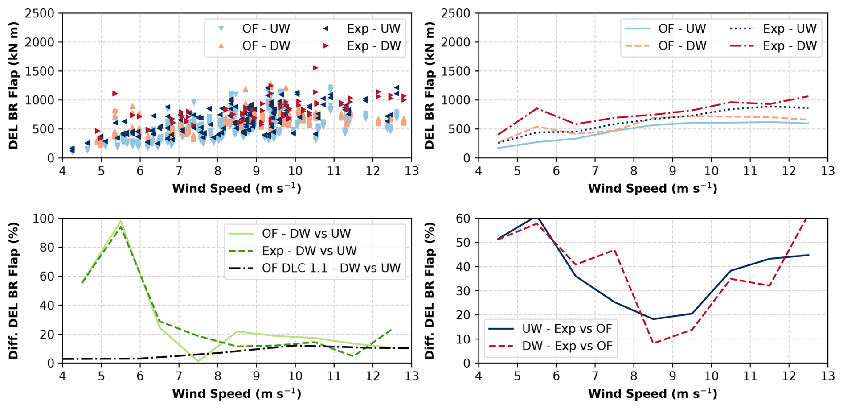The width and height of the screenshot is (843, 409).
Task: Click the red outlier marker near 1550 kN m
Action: click(x=315, y=68)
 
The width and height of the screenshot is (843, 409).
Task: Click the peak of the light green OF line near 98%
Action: click(x=121, y=221)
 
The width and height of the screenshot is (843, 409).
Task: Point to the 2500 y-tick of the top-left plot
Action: click(x=39, y=13)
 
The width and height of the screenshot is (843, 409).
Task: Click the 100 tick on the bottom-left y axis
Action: click(x=43, y=219)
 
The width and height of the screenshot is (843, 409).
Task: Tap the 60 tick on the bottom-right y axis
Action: click(x=463, y=219)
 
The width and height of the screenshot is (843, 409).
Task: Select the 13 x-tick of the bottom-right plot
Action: click(x=827, y=376)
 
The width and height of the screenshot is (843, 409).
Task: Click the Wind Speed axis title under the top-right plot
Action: click(x=652, y=189)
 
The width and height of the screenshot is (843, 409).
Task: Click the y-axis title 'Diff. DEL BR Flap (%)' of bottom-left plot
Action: click(x=14, y=290)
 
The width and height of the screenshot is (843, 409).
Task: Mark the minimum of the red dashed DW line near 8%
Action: click(x=653, y=343)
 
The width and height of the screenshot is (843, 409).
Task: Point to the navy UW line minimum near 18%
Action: click(x=653, y=319)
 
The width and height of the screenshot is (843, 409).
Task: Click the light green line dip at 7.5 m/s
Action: click(x=198, y=361)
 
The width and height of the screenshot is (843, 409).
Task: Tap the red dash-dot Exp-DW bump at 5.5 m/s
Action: click(x=537, y=108)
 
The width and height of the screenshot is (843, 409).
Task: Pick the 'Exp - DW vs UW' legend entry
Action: click(x=309, y=251)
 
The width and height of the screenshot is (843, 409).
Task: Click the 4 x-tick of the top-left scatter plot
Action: click(x=62, y=171)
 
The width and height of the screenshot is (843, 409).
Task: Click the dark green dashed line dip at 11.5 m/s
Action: click(x=353, y=356)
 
